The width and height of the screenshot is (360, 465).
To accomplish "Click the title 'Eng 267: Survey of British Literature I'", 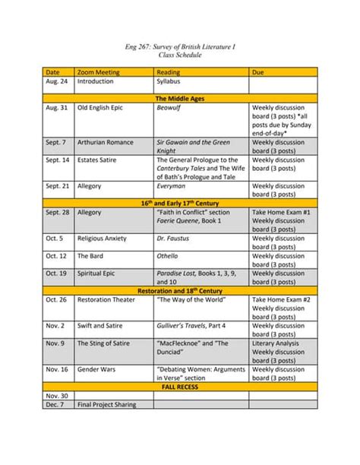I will click(x=180, y=46).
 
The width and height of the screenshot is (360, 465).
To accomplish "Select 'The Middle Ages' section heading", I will click(x=181, y=99).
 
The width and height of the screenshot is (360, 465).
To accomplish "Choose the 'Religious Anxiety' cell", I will click(x=106, y=239).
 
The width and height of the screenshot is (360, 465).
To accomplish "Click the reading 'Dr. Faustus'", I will click(x=172, y=239).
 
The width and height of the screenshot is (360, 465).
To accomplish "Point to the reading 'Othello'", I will click(x=168, y=256).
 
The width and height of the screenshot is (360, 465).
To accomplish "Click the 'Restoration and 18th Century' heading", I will click(x=181, y=291).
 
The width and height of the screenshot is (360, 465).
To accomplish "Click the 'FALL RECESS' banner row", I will click(x=181, y=387).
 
